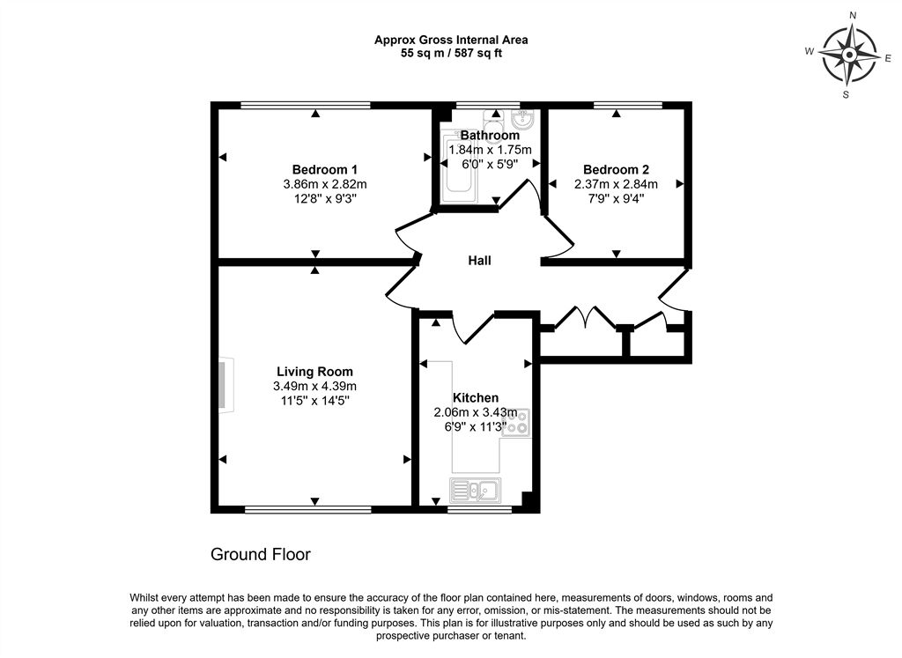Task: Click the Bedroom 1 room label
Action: pos(324,169)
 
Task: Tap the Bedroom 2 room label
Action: pos(616,169)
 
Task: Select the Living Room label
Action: pos(314,372)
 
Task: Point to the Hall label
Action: pos(479,261)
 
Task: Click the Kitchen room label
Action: pos(476,398)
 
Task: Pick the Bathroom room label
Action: pos(490,136)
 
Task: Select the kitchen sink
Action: pos(476,490)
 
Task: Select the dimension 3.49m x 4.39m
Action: pos(314,387)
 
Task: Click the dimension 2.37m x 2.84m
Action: pos(616,184)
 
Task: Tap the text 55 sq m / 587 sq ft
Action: pos(451,53)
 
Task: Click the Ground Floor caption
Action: pos(260,554)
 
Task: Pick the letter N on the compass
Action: pos(852,16)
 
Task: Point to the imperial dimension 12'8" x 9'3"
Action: pos(324,199)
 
